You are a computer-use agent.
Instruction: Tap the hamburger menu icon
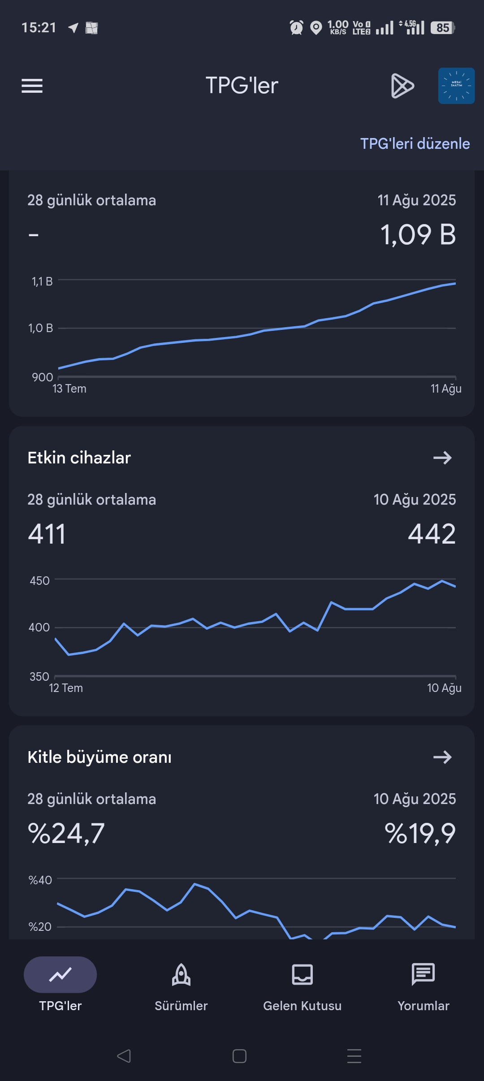(32, 86)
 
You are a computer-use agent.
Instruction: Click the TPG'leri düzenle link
(415, 143)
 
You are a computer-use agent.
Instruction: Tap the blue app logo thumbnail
(456, 86)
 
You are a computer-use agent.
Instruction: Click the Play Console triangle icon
(402, 86)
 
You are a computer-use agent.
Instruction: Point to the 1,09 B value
(418, 234)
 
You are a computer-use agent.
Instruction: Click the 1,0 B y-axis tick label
(41, 328)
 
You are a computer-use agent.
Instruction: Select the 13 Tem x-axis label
(69, 389)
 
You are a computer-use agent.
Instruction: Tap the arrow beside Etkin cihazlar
(442, 458)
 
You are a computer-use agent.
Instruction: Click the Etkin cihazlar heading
(79, 458)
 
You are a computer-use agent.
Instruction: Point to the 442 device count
(432, 534)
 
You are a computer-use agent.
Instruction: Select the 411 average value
(47, 534)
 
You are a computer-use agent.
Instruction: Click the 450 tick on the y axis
(39, 580)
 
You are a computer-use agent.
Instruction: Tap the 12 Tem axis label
(66, 688)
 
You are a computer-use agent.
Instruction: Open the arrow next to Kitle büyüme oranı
(442, 757)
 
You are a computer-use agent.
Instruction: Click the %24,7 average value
(66, 834)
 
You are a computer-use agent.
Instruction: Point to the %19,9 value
(420, 834)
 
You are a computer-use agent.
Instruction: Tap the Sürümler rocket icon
(181, 975)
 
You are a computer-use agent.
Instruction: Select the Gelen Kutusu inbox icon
(302, 975)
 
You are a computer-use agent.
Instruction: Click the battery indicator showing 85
(443, 28)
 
